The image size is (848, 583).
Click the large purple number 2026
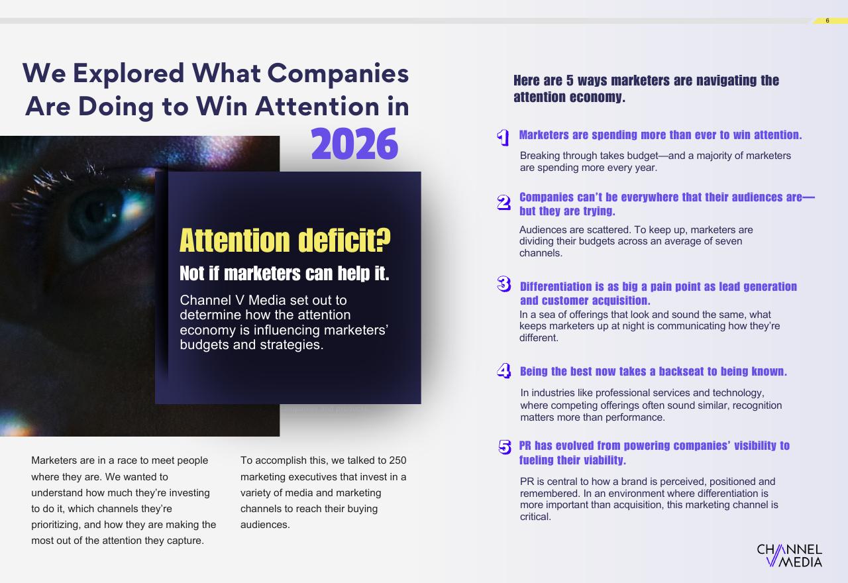pyautogui.click(x=354, y=144)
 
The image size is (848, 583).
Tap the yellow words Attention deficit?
pyautogui.click(x=285, y=240)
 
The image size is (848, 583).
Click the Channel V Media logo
pyautogui.click(x=789, y=555)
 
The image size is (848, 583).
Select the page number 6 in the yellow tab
pyautogui.click(x=827, y=21)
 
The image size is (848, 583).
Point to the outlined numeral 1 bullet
pyautogui.click(x=503, y=137)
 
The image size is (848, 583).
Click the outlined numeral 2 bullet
pyautogui.click(x=503, y=203)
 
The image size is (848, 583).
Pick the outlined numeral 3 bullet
pyautogui.click(x=504, y=284)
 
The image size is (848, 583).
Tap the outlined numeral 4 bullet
pyautogui.click(x=504, y=370)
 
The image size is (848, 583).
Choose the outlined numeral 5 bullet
pyautogui.click(x=505, y=447)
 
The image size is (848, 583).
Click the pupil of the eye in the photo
pyautogui.click(x=95, y=212)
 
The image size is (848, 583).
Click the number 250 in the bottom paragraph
pyautogui.click(x=397, y=460)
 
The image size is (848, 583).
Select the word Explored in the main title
pyautogui.click(x=129, y=73)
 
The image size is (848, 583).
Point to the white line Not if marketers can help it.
pyautogui.click(x=284, y=274)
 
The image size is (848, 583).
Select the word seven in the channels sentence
pyautogui.click(x=728, y=241)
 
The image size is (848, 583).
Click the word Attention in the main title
pyautogui.click(x=317, y=107)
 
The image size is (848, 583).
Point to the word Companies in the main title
pyautogui.click(x=338, y=74)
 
